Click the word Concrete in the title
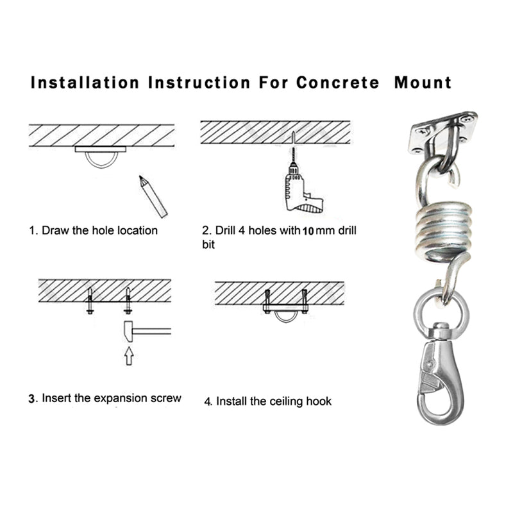click(337, 83)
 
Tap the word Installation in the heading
click(85, 83)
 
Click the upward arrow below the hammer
click(128, 355)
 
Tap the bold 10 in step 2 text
click(307, 231)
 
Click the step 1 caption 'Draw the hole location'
click(94, 230)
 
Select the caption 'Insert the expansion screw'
click(106, 398)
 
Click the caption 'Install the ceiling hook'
click(268, 401)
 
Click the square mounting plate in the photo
click(442, 133)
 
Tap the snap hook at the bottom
click(440, 378)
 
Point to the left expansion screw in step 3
click(90, 300)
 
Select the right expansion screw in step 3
click(128, 300)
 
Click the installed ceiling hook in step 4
click(285, 312)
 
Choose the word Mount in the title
click(423, 83)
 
